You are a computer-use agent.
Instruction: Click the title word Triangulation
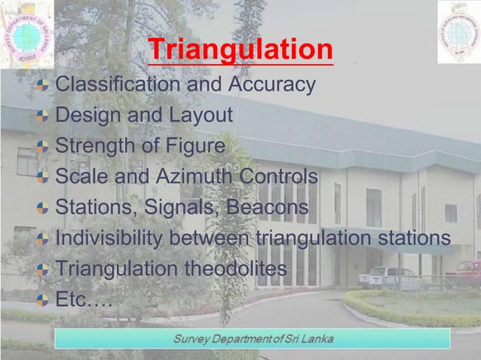[x=240, y=50]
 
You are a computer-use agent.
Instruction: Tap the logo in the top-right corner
[x=458, y=32]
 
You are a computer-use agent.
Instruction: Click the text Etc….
[x=84, y=300]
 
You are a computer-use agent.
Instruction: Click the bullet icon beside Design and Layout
[x=44, y=116]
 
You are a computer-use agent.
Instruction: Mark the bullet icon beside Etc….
[x=44, y=301]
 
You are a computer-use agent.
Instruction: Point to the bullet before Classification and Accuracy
[x=44, y=85]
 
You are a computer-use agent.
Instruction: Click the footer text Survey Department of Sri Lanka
[x=253, y=337]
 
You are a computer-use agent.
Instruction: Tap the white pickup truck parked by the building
[x=387, y=277]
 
